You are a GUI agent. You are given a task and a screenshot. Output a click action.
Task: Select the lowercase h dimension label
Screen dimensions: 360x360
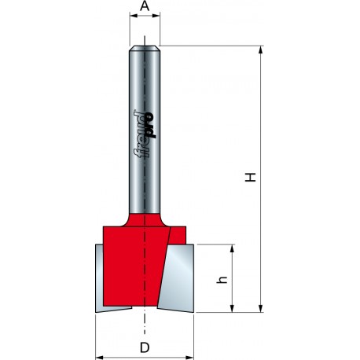(222, 279)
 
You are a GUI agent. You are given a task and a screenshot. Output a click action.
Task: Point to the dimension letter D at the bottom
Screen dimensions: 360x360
(145, 347)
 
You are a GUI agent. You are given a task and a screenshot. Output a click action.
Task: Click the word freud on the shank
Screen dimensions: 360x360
(142, 135)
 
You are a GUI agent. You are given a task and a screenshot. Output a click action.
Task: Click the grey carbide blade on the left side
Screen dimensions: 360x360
(100, 279)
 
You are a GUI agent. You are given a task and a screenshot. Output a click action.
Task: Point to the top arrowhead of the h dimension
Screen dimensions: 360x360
(232, 248)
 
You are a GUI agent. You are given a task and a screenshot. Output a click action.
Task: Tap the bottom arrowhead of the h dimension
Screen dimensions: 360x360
(232, 310)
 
